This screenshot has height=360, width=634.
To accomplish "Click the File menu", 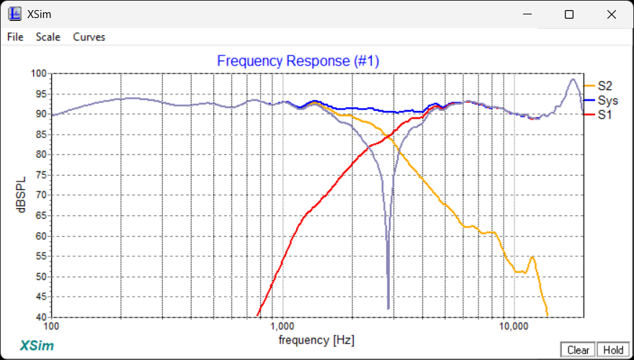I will click(x=15, y=37).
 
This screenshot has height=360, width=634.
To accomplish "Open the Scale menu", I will click(x=48, y=37).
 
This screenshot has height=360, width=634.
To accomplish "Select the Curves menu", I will click(x=89, y=37).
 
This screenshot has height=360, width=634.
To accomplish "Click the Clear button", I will click(x=578, y=350).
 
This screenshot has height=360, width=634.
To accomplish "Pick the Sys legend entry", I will click(x=607, y=101).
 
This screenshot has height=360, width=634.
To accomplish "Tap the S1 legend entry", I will click(x=604, y=114).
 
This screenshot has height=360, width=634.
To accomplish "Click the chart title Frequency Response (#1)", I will click(x=298, y=61).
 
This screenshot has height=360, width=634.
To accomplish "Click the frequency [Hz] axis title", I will click(x=316, y=339).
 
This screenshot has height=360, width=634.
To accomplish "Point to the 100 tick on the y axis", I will click(x=38, y=73).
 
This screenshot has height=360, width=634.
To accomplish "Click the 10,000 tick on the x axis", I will click(x=513, y=326).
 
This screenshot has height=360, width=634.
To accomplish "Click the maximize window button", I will click(x=569, y=14).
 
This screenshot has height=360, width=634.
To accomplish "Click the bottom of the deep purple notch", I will click(x=388, y=307).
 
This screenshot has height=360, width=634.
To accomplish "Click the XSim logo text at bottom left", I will click(x=37, y=344).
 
